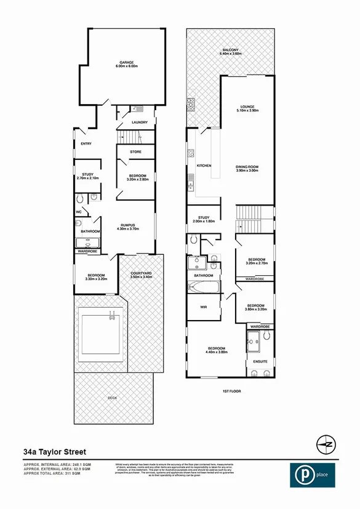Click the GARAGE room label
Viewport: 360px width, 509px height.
(x=127, y=62)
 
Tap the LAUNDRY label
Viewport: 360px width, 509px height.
(x=130, y=122)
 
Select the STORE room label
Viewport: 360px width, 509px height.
(x=135, y=152)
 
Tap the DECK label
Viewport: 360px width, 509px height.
(x=112, y=398)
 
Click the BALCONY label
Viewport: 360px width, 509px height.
(x=231, y=50)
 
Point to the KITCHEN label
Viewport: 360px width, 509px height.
(x=204, y=166)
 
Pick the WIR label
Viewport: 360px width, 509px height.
(x=202, y=307)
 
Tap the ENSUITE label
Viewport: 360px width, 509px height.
(x=260, y=362)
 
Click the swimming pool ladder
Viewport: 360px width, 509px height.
(x=112, y=315)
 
